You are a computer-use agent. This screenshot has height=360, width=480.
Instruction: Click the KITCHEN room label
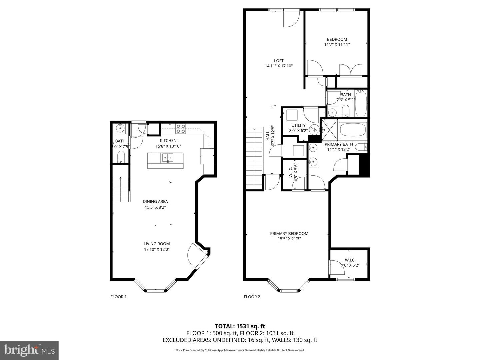pyautogui.click(x=168, y=141)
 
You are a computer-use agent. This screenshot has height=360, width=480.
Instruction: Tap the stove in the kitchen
pyautogui.click(x=181, y=128)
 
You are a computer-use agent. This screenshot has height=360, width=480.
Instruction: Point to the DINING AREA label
pyautogui.click(x=155, y=201)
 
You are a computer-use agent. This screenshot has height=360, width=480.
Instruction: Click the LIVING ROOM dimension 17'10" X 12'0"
pyautogui.click(x=157, y=249)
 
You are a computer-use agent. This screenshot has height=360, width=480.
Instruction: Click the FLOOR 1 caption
pyautogui.click(x=118, y=297)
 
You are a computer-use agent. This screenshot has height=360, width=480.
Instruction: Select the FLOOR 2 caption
pyautogui.click(x=252, y=297)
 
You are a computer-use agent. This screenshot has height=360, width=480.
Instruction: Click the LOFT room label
pyautogui.click(x=279, y=61)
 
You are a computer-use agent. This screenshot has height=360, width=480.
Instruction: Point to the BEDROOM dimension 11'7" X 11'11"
pyautogui.click(x=337, y=44)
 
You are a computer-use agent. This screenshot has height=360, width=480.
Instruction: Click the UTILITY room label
pyautogui.click(x=298, y=125)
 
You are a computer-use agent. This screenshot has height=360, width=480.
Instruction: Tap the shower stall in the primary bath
pyautogui.click(x=329, y=128)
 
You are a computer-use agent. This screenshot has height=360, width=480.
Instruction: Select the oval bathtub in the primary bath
pyautogui.click(x=353, y=130)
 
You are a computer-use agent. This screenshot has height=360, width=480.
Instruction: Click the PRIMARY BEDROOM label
pyautogui.click(x=289, y=233)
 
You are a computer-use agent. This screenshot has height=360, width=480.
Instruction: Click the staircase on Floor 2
pyautogui.click(x=254, y=158)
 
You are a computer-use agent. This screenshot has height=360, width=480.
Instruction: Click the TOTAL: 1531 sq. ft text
pyautogui.click(x=240, y=326)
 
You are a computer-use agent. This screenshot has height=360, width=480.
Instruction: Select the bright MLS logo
pyautogui.click(x=29, y=350)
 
